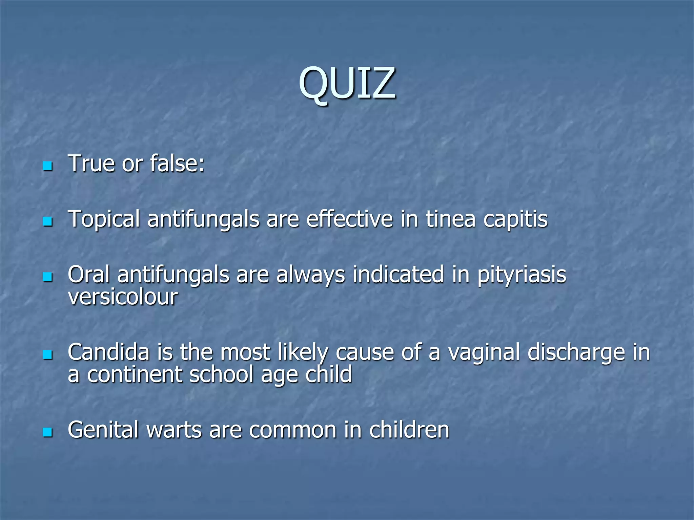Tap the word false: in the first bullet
pyautogui.click(x=177, y=164)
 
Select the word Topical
pyautogui.click(x=104, y=219)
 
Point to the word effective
pyautogui.click(x=350, y=219)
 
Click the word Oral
pyautogui.click(x=89, y=275)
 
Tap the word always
pyautogui.click(x=310, y=275)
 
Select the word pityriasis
pyautogui.click(x=522, y=275)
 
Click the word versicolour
pyautogui.click(x=123, y=297)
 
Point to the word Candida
pyautogui.click(x=108, y=352)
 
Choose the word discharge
pyautogui.click(x=576, y=352)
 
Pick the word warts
pyautogui.click(x=174, y=430)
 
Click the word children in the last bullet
pyautogui.click(x=409, y=430)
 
